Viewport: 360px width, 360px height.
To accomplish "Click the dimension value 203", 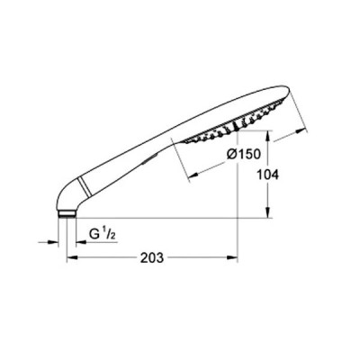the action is tap(152, 258).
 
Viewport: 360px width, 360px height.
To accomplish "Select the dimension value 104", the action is tap(268, 175).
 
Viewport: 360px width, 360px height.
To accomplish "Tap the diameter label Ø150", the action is tap(243, 154).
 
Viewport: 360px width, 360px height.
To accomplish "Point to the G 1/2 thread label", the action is tap(102, 234).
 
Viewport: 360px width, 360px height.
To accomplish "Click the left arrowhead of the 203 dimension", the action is tap(72, 257).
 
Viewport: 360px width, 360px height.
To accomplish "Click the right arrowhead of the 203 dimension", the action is tap(232, 257).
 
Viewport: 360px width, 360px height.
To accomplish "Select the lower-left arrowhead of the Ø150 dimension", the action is tap(193, 175).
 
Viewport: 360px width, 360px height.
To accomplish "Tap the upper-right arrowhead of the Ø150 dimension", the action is tap(302, 131).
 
